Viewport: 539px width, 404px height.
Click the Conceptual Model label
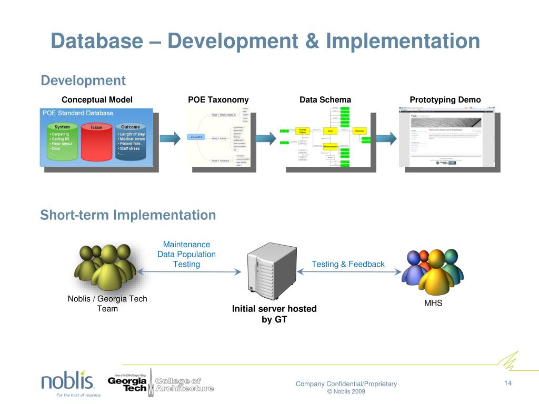pyautogui.click(x=97, y=100)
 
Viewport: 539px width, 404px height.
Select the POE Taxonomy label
pyautogui.click(x=218, y=100)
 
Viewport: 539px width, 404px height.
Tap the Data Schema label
pyautogui.click(x=325, y=100)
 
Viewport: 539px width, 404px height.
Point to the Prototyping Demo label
pyautogui.click(x=445, y=100)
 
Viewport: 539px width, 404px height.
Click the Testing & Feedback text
pyautogui.click(x=348, y=264)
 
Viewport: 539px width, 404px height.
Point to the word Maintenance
pyautogui.click(x=186, y=245)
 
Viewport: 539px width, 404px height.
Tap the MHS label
pyautogui.click(x=433, y=303)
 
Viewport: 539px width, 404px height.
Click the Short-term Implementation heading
pyautogui.click(x=128, y=215)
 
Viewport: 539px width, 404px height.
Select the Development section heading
pyautogui.click(x=83, y=80)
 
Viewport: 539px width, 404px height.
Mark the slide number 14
pyautogui.click(x=508, y=383)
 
